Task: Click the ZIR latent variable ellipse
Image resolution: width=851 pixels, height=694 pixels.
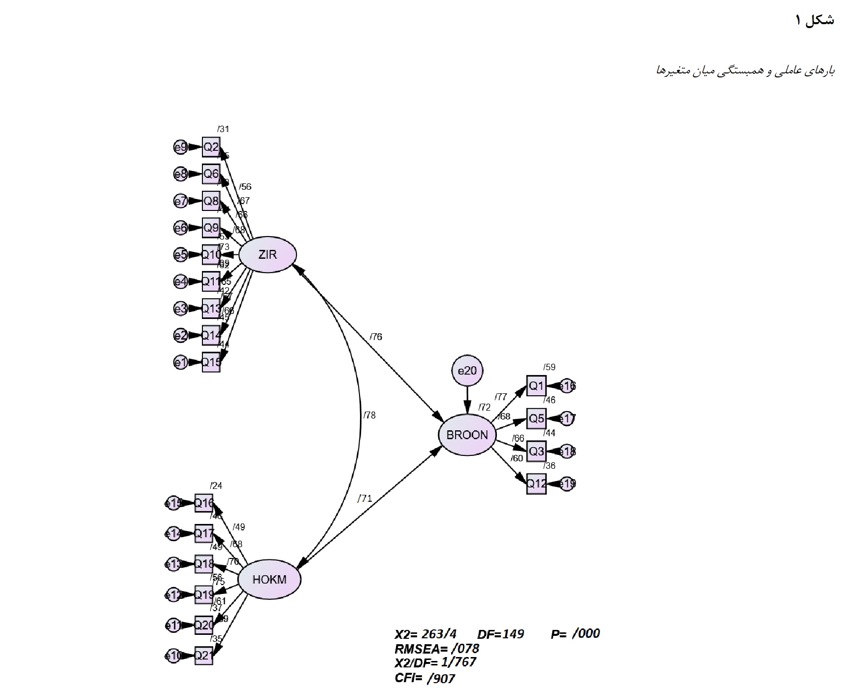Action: pyautogui.click(x=267, y=255)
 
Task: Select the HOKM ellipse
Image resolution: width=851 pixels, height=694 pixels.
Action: pyautogui.click(x=269, y=580)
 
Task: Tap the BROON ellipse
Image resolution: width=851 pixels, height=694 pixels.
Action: pyautogui.click(x=466, y=435)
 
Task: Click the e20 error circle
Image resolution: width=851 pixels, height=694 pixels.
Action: pyautogui.click(x=467, y=370)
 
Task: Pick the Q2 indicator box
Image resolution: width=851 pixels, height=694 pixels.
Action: pyautogui.click(x=211, y=147)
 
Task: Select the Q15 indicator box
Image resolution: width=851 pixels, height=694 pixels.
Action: pyautogui.click(x=211, y=362)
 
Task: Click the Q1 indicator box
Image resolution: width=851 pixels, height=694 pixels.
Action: pyautogui.click(x=536, y=385)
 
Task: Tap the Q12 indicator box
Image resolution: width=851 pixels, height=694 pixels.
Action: pyautogui.click(x=536, y=484)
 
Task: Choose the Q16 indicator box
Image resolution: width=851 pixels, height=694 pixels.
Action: pyautogui.click(x=204, y=503)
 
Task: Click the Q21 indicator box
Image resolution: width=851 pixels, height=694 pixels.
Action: pyautogui.click(x=203, y=655)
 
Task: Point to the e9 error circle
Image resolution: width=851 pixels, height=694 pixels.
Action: pyautogui.click(x=181, y=147)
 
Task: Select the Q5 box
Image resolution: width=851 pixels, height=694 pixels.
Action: pyautogui.click(x=536, y=418)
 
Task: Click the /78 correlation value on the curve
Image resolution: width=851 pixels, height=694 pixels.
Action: pyautogui.click(x=369, y=416)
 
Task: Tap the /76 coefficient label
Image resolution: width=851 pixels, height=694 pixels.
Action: pyautogui.click(x=376, y=337)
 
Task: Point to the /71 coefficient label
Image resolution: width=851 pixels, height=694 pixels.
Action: pyautogui.click(x=364, y=498)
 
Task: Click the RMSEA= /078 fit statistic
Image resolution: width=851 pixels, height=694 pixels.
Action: pyautogui.click(x=437, y=649)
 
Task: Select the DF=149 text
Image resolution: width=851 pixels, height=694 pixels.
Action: pyautogui.click(x=500, y=634)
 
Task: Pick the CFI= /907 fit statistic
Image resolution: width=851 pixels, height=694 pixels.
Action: pyautogui.click(x=425, y=679)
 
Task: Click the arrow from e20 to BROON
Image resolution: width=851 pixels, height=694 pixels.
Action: pyautogui.click(x=467, y=399)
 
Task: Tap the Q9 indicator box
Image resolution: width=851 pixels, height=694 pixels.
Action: pyautogui.click(x=211, y=228)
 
